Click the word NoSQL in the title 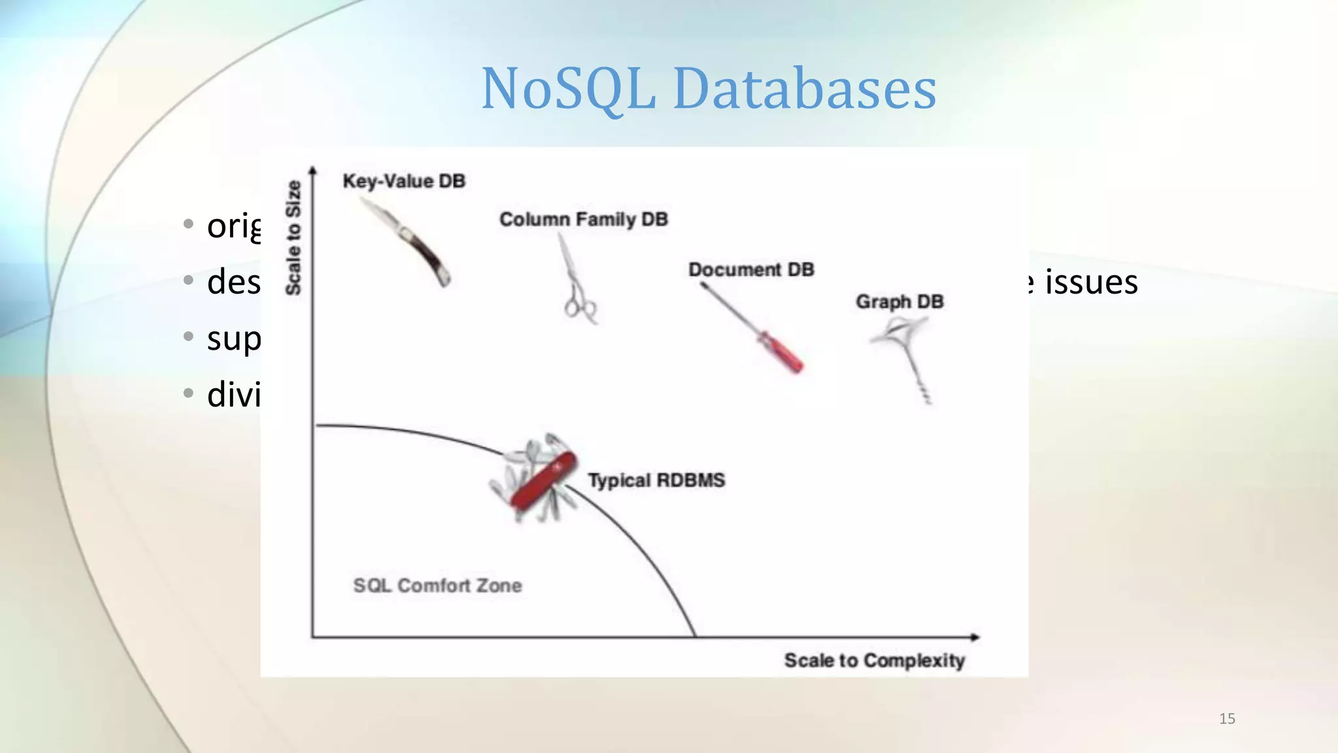[x=568, y=90]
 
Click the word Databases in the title [x=804, y=90]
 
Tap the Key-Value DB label [x=404, y=181]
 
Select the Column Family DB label [x=583, y=220]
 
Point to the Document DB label [x=751, y=270]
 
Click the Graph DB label [x=900, y=302]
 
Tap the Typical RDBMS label [x=656, y=480]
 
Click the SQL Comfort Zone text [x=437, y=586]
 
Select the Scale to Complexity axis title [x=874, y=661]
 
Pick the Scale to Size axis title [x=293, y=238]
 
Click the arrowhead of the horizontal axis [x=975, y=637]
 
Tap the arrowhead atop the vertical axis [x=313, y=171]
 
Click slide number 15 [x=1227, y=719]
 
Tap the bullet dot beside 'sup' [x=188, y=336]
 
